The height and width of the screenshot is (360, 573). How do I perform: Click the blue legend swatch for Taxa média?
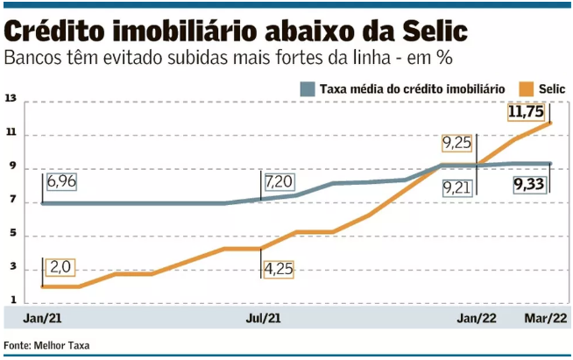[307, 89]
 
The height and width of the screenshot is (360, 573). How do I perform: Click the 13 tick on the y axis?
[11, 100]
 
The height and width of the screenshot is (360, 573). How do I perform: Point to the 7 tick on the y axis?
[11, 202]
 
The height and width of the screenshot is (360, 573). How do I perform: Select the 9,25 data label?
[457, 143]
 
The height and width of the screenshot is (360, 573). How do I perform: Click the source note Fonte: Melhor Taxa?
[46, 346]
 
